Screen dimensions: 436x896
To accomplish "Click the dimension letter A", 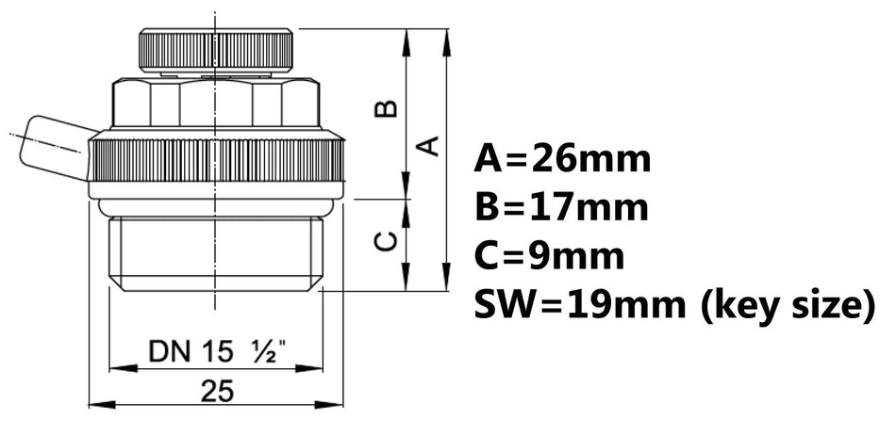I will (x=427, y=146).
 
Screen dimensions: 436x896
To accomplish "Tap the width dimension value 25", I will (x=218, y=391).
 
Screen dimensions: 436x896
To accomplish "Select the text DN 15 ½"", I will (x=218, y=353).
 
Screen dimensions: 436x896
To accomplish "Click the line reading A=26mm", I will (x=563, y=158).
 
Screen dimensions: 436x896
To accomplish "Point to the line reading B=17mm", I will (x=562, y=207).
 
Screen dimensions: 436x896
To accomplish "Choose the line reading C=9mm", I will (x=550, y=256).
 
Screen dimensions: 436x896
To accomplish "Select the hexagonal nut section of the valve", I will (x=215, y=103).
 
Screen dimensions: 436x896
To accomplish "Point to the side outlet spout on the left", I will (x=57, y=149).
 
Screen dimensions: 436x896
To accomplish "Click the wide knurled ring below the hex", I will (x=215, y=160).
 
